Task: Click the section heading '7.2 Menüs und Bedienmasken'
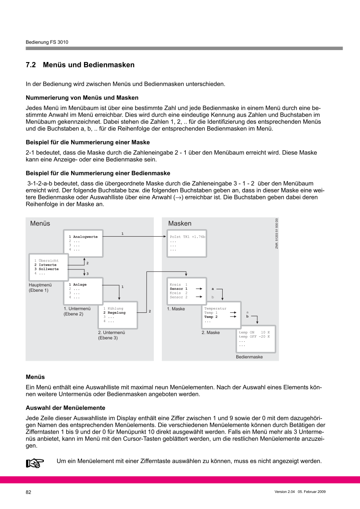(x=80, y=65)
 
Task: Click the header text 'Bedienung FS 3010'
(x=47, y=42)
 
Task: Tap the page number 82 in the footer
(x=29, y=492)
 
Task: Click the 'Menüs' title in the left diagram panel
(x=40, y=223)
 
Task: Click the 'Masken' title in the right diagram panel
(x=180, y=223)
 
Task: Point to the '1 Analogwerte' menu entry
(x=83, y=237)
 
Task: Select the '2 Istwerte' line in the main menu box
(x=45, y=265)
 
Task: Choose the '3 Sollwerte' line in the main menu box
(x=46, y=269)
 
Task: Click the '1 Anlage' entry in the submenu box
(x=78, y=285)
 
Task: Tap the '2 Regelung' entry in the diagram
(x=114, y=313)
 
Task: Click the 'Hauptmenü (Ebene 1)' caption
(x=38, y=288)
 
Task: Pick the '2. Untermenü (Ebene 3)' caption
(x=112, y=335)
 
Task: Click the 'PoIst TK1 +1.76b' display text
(x=187, y=237)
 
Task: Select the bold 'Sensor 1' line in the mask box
(x=179, y=289)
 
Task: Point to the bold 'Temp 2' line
(x=211, y=317)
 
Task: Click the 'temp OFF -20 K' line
(x=254, y=336)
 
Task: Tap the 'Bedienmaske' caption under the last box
(x=249, y=357)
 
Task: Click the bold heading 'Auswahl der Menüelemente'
(x=65, y=408)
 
